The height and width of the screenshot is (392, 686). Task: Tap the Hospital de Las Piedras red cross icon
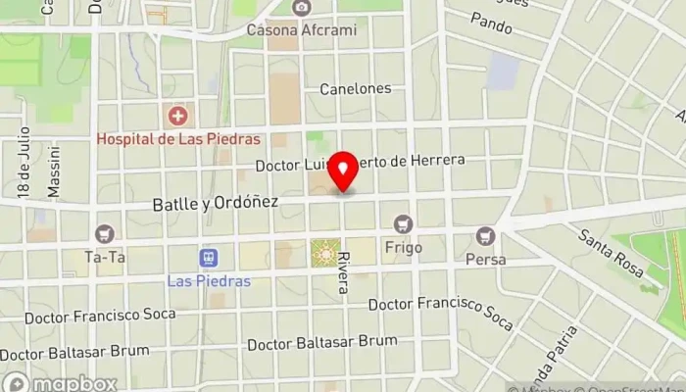177,118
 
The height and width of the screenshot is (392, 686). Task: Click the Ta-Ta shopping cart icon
105,234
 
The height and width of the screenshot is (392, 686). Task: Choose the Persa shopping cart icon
485,235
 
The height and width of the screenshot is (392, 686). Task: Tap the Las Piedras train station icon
208,258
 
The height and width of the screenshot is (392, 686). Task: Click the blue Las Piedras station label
209,280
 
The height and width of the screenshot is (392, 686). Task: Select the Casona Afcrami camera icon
302,8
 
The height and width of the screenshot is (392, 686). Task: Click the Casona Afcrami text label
302,29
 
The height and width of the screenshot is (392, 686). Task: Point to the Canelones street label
355,88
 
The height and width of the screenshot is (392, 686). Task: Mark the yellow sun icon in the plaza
324,253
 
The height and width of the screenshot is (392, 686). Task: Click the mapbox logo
61,383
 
